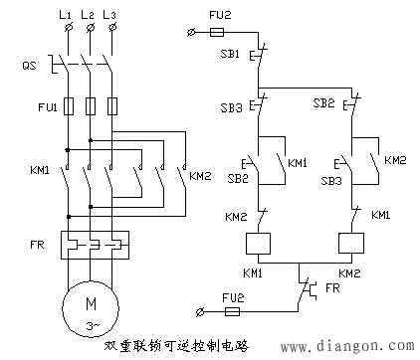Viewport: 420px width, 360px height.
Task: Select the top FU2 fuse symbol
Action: (x=226, y=33)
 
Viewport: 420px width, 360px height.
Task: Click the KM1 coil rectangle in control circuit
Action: (x=259, y=243)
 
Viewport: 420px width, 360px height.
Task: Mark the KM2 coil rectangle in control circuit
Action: (x=351, y=243)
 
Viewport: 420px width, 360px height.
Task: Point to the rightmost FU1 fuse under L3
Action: (x=113, y=105)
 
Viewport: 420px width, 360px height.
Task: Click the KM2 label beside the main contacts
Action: (x=202, y=176)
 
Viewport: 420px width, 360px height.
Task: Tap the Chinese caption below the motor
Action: (x=175, y=345)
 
